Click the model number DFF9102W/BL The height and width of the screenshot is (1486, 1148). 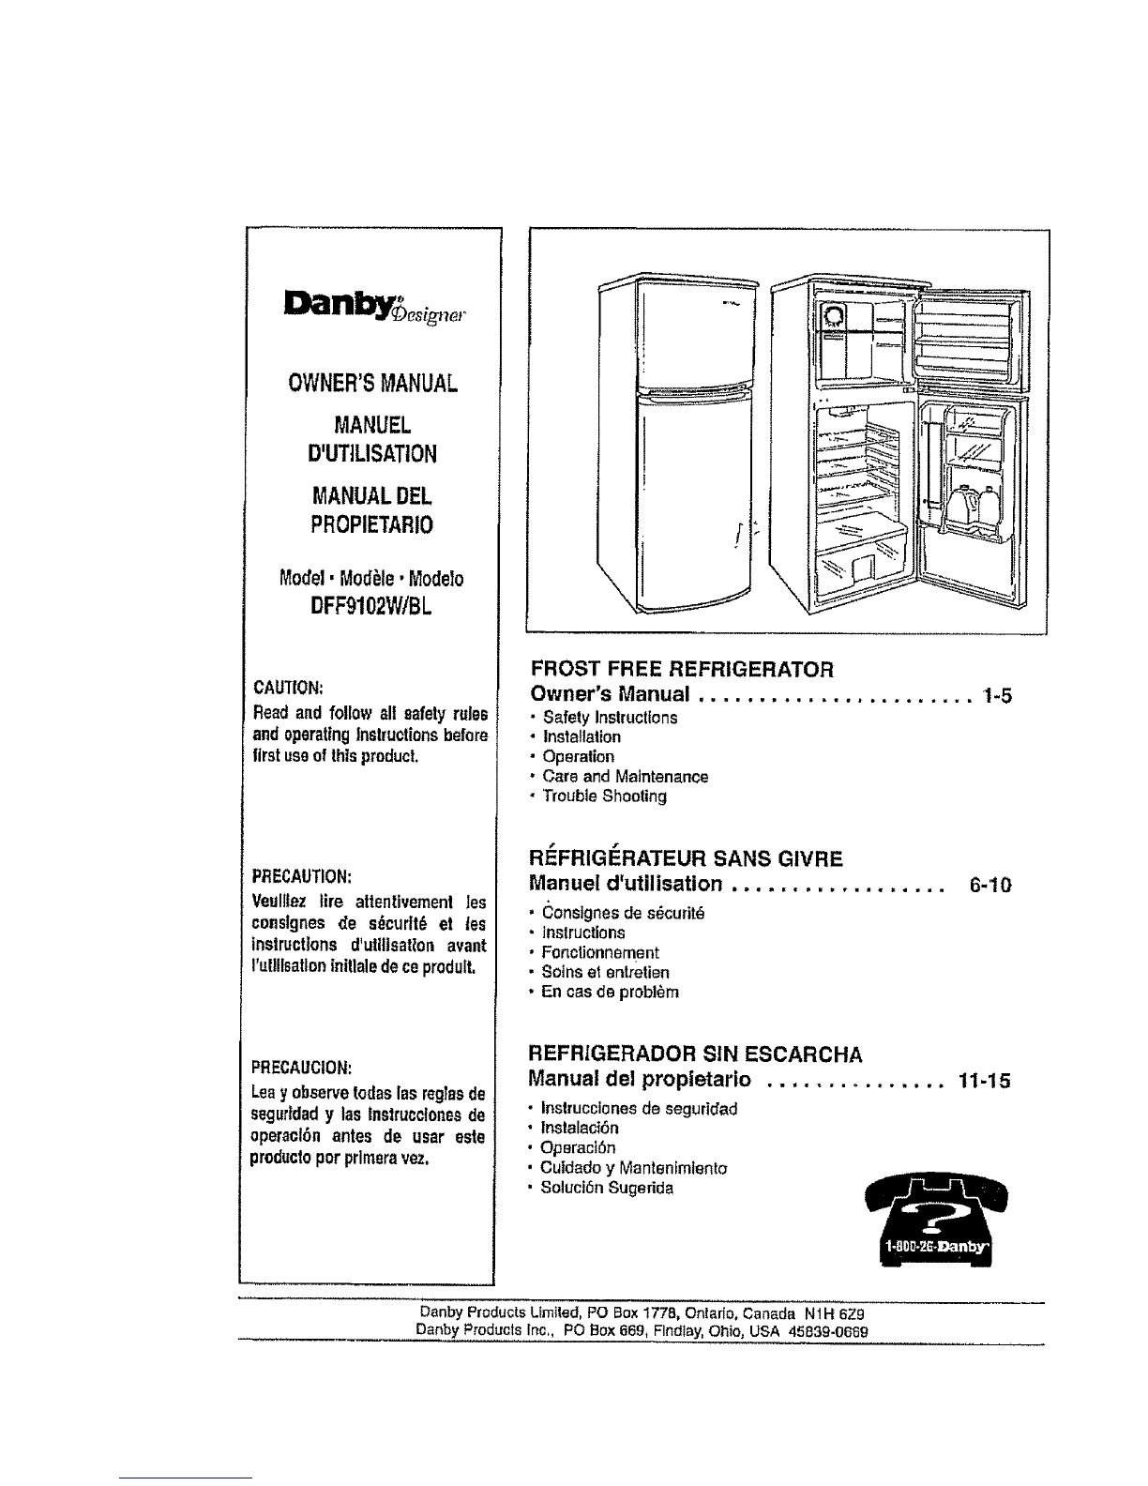click(x=371, y=606)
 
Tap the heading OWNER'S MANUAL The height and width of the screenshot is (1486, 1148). click(x=372, y=384)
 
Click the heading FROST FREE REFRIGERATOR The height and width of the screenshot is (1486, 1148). click(x=683, y=669)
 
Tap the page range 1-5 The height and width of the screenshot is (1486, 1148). click(x=997, y=696)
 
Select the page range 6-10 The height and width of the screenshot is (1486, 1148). click(x=990, y=886)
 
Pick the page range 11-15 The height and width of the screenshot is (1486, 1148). click(x=984, y=1081)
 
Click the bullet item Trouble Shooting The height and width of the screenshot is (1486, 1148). click(x=604, y=796)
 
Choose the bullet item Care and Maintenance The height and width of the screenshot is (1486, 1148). click(x=625, y=776)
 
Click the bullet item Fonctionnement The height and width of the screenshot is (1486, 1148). click(x=599, y=952)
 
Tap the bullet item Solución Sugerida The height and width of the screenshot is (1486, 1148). click(x=607, y=1188)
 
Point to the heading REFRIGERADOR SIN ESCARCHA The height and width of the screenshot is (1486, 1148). click(x=695, y=1054)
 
